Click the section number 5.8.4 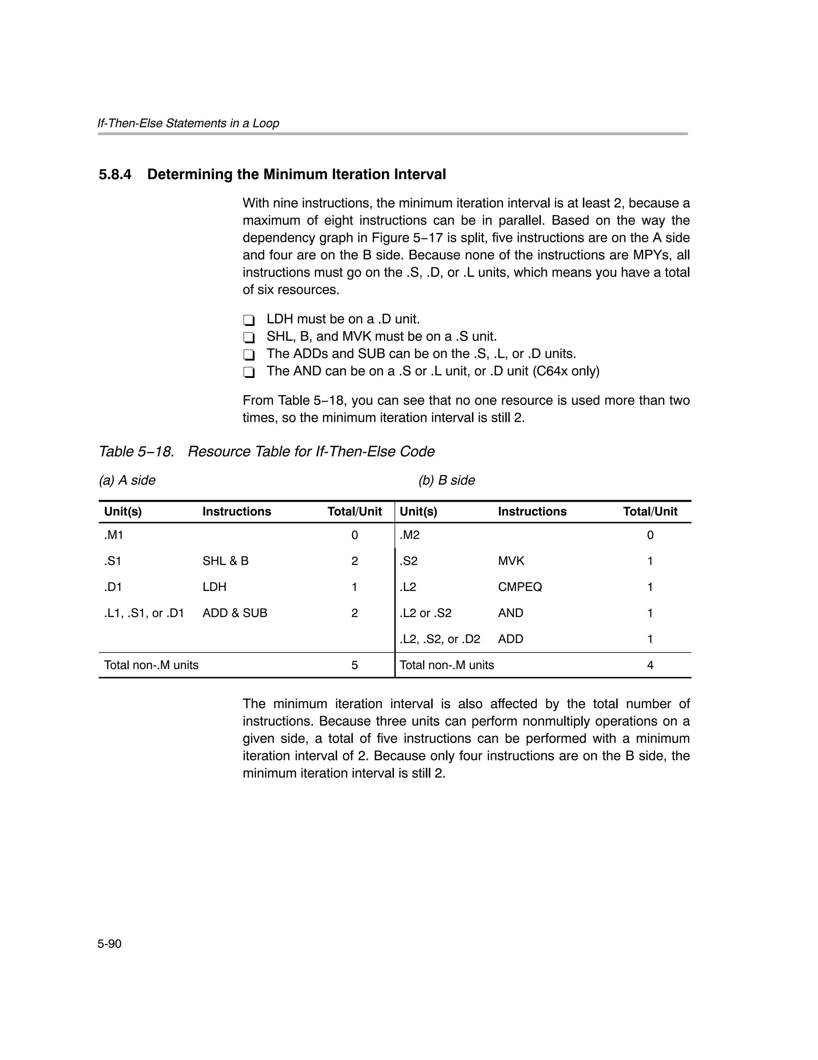click(x=115, y=175)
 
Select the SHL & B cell click(x=226, y=561)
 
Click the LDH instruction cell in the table click(x=214, y=587)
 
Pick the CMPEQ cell click(x=520, y=587)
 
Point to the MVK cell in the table click(x=511, y=561)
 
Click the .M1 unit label click(x=114, y=535)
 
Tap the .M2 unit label click(x=410, y=535)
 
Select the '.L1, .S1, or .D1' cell click(x=144, y=613)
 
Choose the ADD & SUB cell click(x=235, y=613)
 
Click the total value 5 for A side click(x=354, y=665)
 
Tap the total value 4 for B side click(x=650, y=665)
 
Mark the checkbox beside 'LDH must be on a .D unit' click(x=249, y=320)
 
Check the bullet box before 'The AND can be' click(x=249, y=372)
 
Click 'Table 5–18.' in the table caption click(x=136, y=451)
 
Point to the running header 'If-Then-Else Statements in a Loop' click(x=188, y=123)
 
